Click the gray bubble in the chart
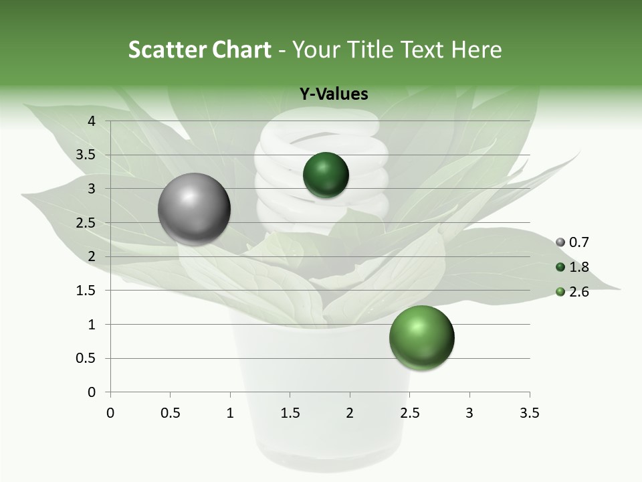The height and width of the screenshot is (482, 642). coord(194,209)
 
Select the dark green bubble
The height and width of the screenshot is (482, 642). coord(326,175)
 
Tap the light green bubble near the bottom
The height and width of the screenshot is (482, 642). coord(421,337)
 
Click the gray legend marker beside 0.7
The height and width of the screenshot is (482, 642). coord(560,242)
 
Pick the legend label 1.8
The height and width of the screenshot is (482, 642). coord(579,267)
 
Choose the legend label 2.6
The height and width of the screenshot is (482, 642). coord(579,292)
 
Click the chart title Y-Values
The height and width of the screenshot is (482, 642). coord(334,94)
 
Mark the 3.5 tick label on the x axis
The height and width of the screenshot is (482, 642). coord(529,413)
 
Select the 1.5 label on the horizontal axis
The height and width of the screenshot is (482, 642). coord(290,413)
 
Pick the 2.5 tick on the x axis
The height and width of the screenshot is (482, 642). coord(409,413)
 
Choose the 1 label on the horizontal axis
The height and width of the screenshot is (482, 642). coord(230,413)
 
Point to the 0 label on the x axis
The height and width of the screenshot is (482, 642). coord(110,413)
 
